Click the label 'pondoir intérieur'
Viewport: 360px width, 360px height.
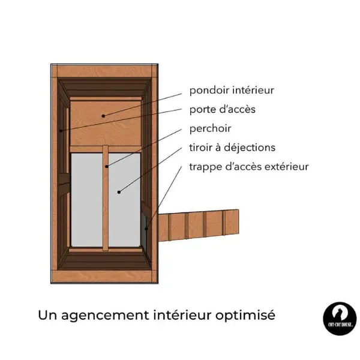[232, 91]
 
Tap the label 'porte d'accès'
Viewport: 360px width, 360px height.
[222, 110]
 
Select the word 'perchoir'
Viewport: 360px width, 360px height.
[210, 129]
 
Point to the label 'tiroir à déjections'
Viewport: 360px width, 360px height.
[232, 148]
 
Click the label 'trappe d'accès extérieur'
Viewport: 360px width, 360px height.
[249, 167]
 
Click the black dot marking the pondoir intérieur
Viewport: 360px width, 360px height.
[103, 116]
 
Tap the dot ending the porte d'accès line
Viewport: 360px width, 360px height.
[61, 131]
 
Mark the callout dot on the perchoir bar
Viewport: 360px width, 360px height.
[107, 166]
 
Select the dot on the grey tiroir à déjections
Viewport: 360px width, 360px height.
[119, 192]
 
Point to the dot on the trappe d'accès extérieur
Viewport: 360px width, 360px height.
[146, 229]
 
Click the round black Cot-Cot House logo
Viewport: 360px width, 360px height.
[340, 319]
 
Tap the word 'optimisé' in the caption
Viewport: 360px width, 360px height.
[245, 316]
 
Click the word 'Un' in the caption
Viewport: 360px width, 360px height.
[47, 315]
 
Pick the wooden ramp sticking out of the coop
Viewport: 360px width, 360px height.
[199, 226]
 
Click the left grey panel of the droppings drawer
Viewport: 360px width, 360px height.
[87, 200]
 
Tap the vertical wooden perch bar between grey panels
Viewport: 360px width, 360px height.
[106, 198]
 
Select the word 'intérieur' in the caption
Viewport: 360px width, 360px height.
[182, 315]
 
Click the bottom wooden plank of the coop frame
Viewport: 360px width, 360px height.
[104, 277]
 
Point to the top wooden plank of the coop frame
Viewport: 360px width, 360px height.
[104, 71]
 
